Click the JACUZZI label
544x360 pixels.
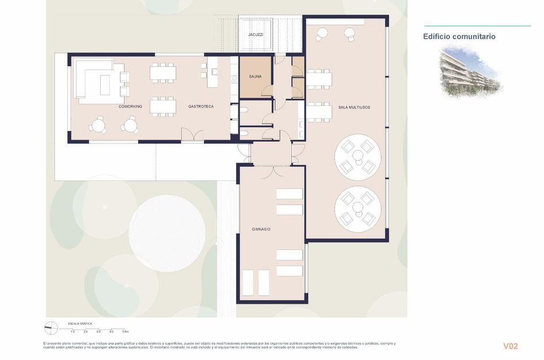256,35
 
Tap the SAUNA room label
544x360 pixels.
256,77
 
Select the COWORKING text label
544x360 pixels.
130,107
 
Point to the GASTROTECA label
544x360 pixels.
201,107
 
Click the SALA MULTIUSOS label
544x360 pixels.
354,107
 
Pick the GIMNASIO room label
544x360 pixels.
261,229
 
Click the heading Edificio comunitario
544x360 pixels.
459,36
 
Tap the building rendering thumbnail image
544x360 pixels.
470,71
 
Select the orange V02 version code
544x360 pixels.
511,346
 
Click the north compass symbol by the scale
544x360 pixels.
51,327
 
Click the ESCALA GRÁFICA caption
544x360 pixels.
80,324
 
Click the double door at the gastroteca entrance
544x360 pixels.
192,135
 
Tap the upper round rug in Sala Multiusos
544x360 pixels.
358,157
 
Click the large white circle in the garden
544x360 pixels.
168,233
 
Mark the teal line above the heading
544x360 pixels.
477,26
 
